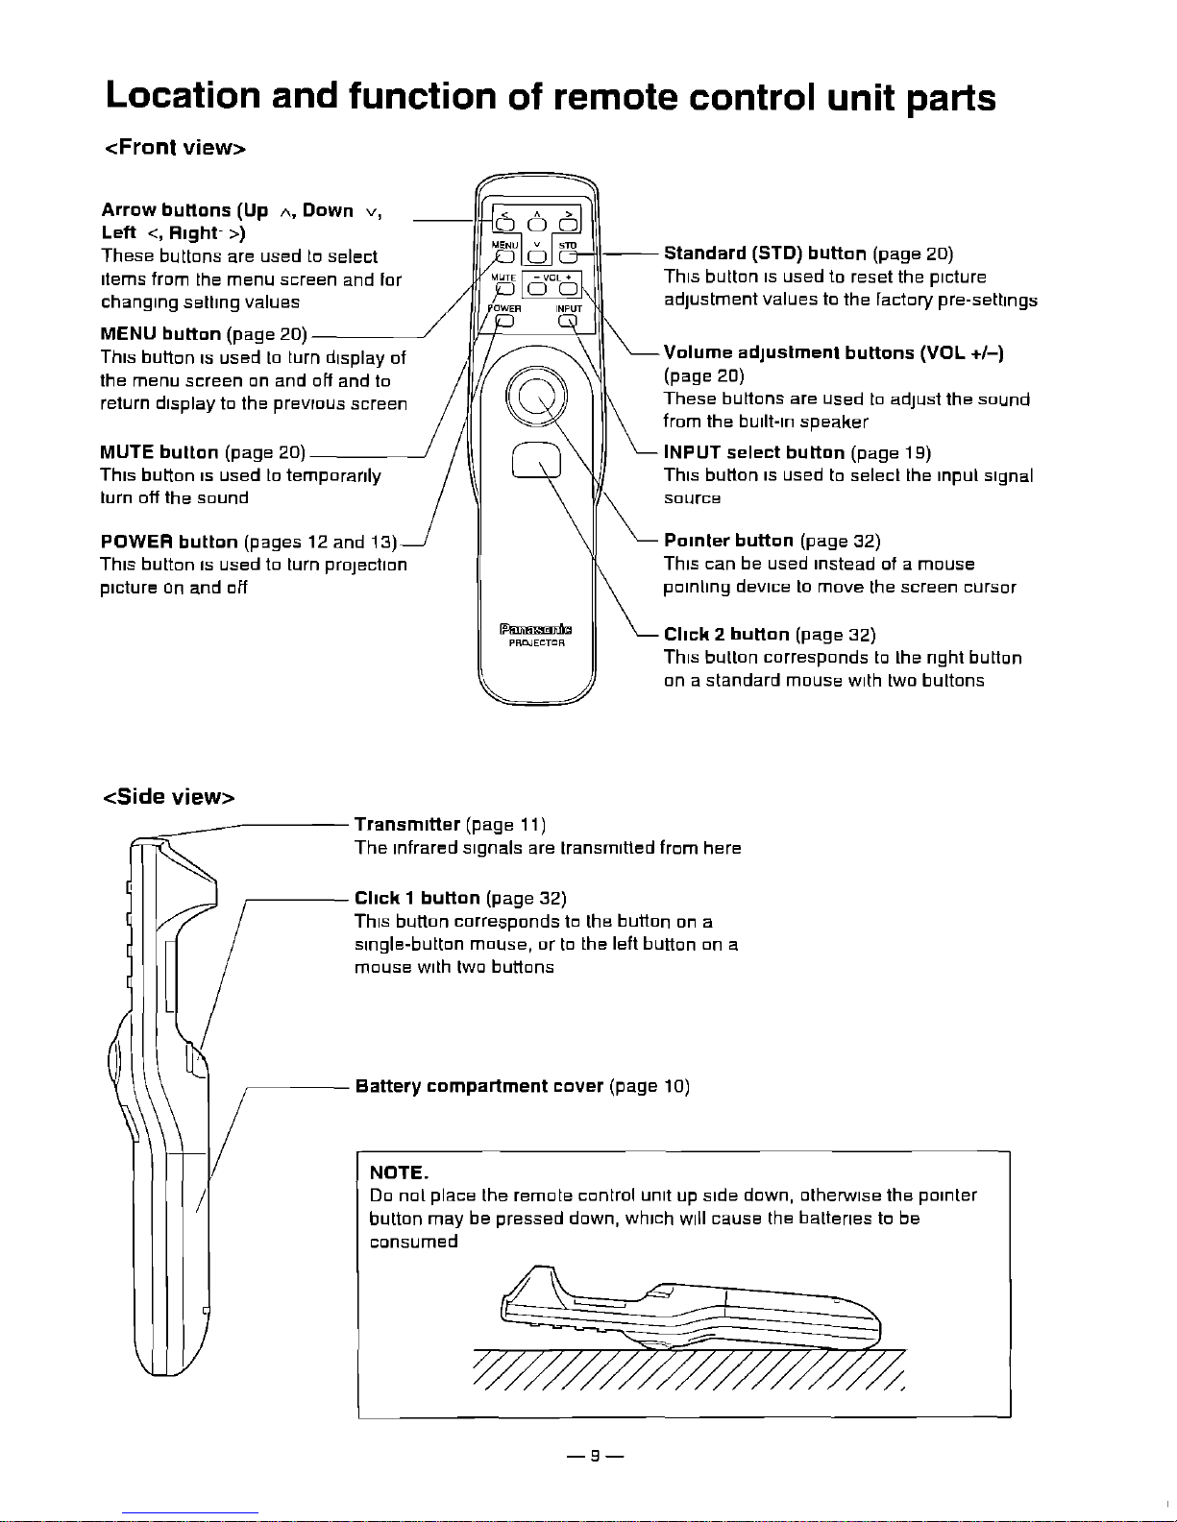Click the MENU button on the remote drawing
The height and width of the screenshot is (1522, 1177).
504,257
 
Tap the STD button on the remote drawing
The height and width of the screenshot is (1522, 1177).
568,257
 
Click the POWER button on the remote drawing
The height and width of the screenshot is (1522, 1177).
504,321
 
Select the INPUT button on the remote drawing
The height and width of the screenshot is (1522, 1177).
568,321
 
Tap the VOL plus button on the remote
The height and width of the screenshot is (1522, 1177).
568,289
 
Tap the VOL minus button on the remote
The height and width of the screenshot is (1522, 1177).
537,289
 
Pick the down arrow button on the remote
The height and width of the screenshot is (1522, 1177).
537,257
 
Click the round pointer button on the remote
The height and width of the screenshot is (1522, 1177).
537,397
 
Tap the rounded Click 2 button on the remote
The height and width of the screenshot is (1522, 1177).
537,460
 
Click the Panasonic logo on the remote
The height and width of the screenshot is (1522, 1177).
536,629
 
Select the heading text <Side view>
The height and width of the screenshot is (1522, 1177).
169,797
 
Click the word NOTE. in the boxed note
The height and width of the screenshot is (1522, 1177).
399,1172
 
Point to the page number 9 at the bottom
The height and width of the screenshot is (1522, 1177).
595,1456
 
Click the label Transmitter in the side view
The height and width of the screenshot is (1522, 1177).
407,824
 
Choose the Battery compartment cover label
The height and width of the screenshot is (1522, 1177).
479,1086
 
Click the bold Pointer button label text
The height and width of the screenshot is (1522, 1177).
728,541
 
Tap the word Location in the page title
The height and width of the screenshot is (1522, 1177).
183,96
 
